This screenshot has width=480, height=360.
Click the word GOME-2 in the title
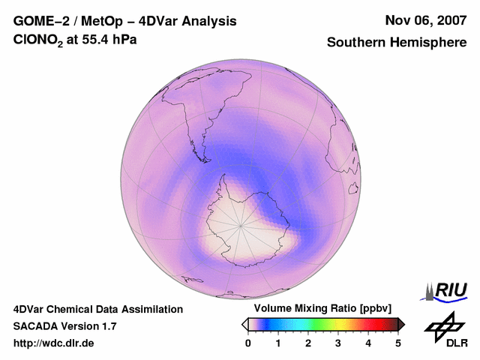tap(37, 21)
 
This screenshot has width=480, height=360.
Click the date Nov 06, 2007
tap(424, 21)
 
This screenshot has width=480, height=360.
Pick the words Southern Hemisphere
tap(397, 43)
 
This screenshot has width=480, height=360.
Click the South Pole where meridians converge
tap(241, 223)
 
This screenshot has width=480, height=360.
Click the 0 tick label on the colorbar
tap(248, 343)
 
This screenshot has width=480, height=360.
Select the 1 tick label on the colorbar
tap(278, 343)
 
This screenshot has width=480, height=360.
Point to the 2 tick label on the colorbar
tap(308, 343)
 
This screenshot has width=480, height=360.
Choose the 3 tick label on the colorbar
tap(338, 343)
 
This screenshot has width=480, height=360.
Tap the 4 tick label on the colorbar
tap(368, 343)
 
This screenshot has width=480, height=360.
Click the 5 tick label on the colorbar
tap(398, 343)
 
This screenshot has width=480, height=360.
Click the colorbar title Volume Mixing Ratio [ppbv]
tap(322, 309)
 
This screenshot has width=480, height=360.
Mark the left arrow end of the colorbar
tap(244, 324)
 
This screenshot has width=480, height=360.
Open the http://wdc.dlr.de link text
tap(54, 343)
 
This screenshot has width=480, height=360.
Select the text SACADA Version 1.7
tap(64, 326)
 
